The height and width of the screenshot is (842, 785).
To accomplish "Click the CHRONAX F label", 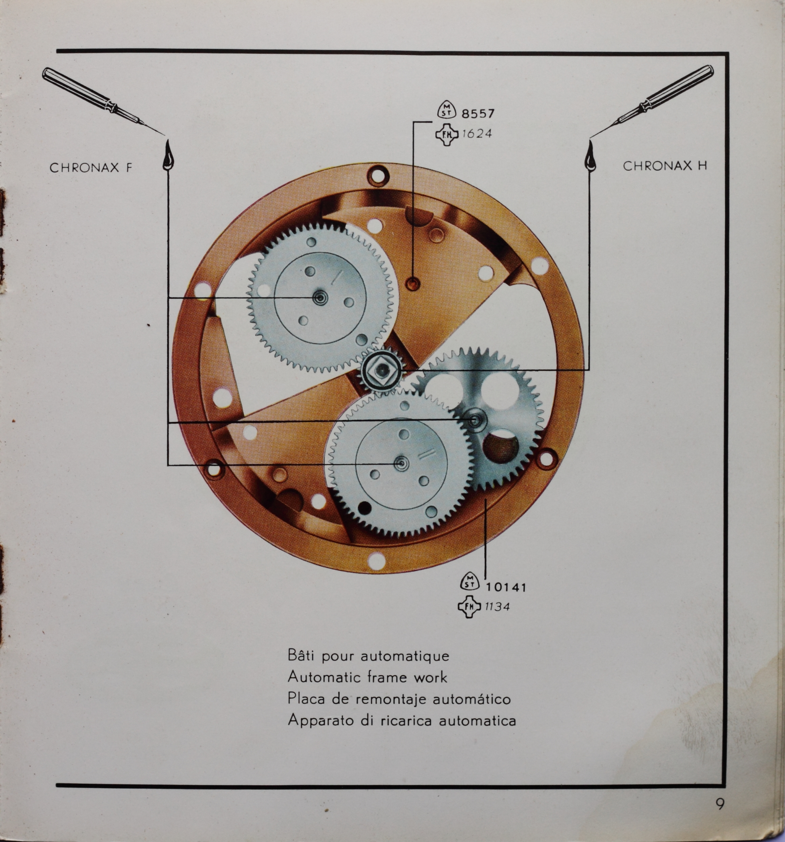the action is coord(91,168).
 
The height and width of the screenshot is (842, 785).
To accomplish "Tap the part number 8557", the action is coord(478,114).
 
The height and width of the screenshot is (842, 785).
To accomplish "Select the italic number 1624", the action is coord(477,134).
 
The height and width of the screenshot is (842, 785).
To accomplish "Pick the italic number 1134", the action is coord(498,607).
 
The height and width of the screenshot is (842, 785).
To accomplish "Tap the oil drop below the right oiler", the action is coord(589,156).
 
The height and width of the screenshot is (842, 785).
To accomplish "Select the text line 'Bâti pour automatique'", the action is coord(368,656).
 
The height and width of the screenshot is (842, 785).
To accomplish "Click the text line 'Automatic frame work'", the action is coord(367,677).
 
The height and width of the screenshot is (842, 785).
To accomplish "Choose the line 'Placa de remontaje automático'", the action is coord(399,698).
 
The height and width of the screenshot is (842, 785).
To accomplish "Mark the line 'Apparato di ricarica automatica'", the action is coord(402,720).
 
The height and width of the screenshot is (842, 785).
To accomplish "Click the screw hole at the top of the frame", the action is coord(376,175).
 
